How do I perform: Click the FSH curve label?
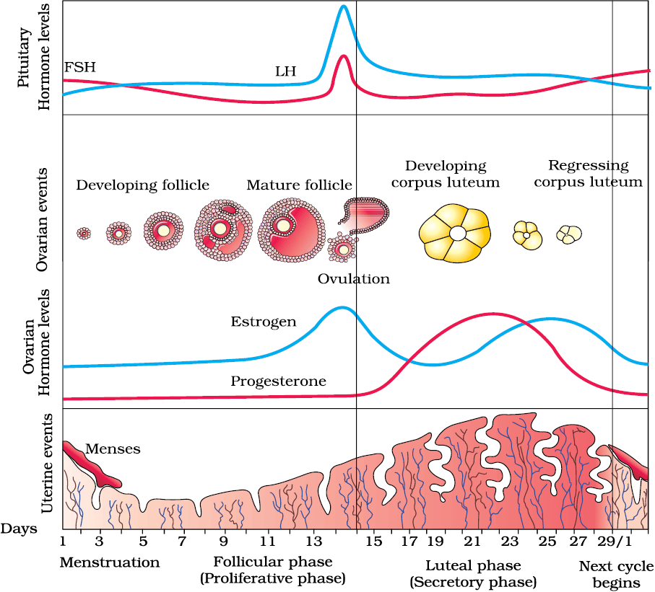(79, 67)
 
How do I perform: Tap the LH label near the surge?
(285, 71)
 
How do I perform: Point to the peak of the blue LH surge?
(344, 6)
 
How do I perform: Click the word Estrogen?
(264, 322)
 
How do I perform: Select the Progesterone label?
(279, 381)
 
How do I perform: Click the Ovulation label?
(353, 278)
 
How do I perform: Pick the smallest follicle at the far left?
(84, 233)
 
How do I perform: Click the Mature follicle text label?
(299, 185)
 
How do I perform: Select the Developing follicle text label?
(142, 185)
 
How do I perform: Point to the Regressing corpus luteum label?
(588, 174)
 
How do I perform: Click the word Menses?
(113, 449)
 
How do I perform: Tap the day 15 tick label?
(374, 542)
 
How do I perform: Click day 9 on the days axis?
(224, 542)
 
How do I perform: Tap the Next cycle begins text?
(616, 575)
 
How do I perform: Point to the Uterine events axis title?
(47, 463)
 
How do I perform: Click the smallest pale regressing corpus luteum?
(569, 234)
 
